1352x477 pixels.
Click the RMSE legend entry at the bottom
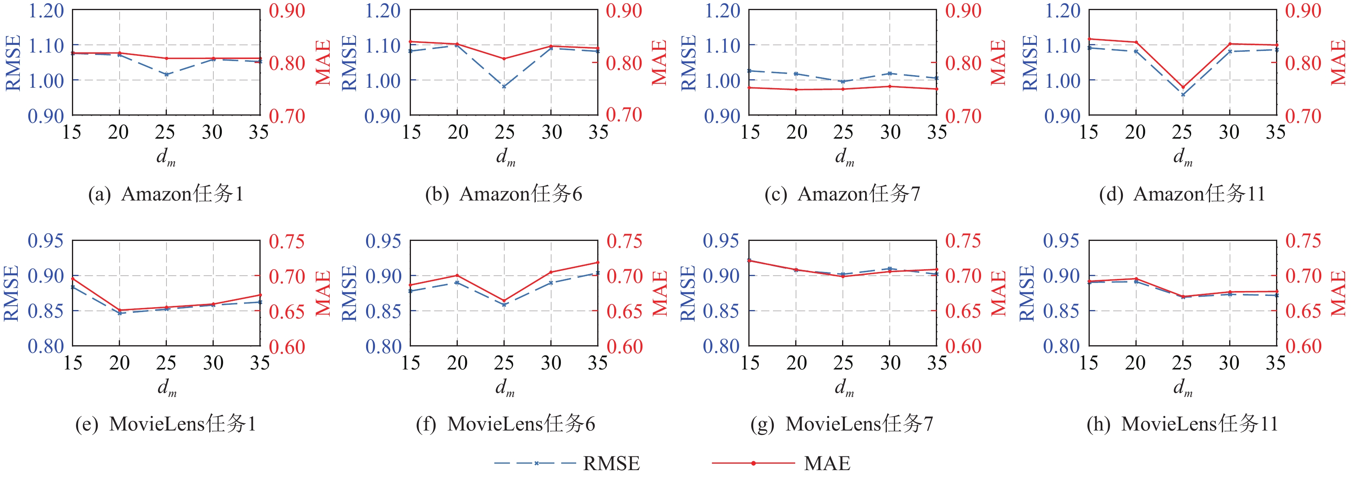[567, 463]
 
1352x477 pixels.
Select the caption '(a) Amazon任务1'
[166, 194]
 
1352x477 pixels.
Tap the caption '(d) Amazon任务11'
[1182, 194]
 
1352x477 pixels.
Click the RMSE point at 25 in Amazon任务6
[504, 87]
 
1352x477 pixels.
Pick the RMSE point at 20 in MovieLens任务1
[119, 313]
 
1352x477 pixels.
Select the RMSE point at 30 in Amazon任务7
[890, 74]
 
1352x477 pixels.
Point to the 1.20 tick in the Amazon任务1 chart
[46, 11]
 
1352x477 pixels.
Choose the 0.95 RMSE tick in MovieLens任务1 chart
[46, 241]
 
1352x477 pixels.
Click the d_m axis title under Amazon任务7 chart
[844, 156]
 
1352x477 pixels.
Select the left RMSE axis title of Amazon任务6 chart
[349, 63]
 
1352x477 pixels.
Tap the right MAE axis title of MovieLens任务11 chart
[1339, 293]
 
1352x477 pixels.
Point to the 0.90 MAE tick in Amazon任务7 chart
[963, 11]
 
